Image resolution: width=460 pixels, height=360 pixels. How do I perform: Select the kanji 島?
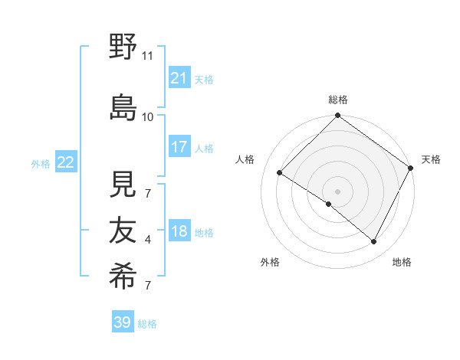tap(123, 106)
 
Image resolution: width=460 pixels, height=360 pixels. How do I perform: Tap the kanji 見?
tap(123, 183)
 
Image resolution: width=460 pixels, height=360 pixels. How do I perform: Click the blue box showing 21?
tap(179, 78)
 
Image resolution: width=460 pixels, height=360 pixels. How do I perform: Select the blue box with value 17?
tap(179, 147)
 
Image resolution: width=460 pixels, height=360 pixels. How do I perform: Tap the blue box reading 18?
tap(179, 231)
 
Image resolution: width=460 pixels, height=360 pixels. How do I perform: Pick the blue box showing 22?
tap(65, 162)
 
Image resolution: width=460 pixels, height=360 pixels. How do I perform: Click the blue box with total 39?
tap(122, 322)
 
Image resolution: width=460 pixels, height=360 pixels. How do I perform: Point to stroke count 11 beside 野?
tap(148, 56)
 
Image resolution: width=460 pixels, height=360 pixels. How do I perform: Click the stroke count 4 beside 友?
tap(148, 240)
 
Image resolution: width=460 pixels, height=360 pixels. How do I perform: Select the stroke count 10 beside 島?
tap(148, 116)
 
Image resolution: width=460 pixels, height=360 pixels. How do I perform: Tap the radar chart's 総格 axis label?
tap(338, 100)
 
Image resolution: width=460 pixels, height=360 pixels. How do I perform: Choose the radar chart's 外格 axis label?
tap(270, 262)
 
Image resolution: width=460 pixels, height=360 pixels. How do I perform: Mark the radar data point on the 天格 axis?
tap(411, 168)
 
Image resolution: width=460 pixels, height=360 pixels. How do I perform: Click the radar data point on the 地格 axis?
tap(374, 242)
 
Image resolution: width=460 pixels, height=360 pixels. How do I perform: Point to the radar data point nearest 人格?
tap(280, 172)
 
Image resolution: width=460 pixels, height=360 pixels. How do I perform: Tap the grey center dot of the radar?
tap(337, 191)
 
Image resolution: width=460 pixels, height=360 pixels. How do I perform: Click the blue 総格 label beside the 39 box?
tap(147, 324)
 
